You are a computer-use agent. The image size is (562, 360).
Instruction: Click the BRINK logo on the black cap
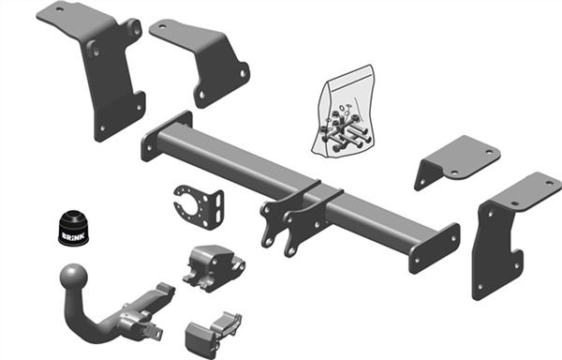[x=73, y=236]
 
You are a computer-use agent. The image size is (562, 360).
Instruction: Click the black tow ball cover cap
[x=73, y=228]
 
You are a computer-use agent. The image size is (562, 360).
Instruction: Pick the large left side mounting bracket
[x=104, y=68]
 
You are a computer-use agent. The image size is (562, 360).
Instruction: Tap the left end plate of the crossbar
[x=166, y=136]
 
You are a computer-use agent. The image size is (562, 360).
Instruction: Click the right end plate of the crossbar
[x=435, y=248]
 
